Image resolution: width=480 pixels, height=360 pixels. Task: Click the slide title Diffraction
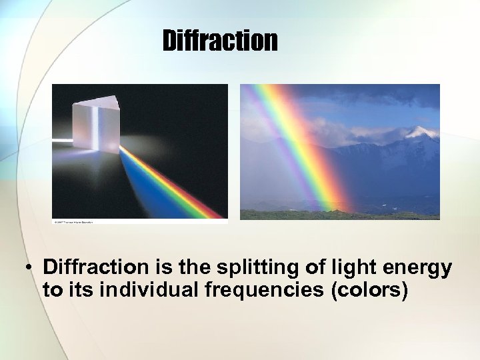pos(219,41)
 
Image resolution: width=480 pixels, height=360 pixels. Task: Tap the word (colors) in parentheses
pos(369,291)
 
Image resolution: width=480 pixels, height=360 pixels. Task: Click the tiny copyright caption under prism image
pos(73,221)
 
